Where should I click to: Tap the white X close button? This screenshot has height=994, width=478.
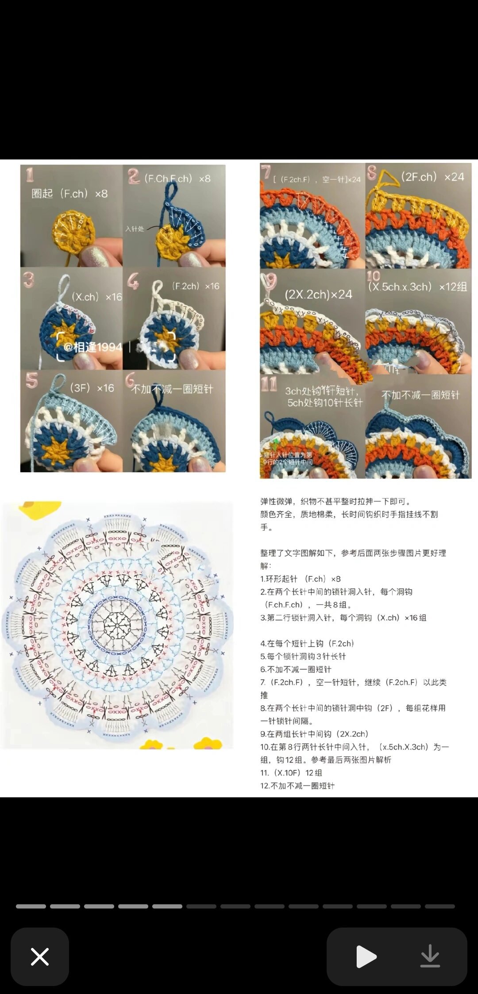tap(40, 956)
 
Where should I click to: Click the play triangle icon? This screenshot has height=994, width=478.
tap(366, 956)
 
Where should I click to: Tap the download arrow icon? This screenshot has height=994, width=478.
tap(430, 956)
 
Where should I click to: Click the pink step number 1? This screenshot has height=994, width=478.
tap(30, 175)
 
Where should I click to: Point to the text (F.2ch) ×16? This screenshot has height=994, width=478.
tap(195, 286)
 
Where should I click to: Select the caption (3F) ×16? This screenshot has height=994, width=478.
tap(92, 388)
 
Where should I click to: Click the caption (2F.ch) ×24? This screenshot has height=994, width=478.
tap(432, 177)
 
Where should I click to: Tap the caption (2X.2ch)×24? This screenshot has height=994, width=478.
tap(318, 295)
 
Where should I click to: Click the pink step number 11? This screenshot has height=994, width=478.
tap(269, 384)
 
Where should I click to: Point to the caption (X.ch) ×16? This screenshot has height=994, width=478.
tap(96, 297)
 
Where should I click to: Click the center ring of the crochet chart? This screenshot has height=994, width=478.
tap(117, 625)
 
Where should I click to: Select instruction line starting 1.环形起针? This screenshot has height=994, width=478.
tap(301, 579)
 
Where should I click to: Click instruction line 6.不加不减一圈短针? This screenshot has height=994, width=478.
tap(296, 669)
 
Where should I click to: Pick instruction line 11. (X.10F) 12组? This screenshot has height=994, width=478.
tap(291, 773)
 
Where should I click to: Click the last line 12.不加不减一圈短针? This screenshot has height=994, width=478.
tap(297, 785)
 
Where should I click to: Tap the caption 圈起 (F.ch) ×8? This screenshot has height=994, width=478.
tap(69, 194)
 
